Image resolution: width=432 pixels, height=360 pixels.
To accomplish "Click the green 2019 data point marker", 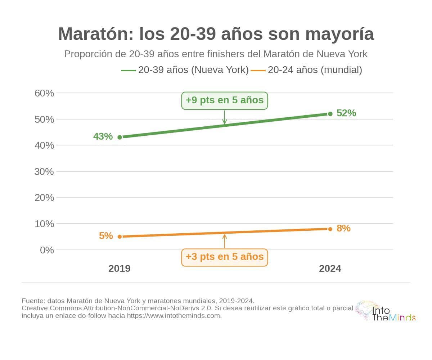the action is (120, 137).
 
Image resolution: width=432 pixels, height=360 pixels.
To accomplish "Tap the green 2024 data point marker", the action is (330, 114).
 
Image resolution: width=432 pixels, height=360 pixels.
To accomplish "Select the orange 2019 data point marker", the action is (120, 237).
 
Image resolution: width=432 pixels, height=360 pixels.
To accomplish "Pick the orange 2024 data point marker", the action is (330, 229).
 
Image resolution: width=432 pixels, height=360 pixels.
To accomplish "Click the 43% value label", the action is (103, 136).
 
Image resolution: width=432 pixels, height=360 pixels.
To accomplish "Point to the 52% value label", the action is (346, 113).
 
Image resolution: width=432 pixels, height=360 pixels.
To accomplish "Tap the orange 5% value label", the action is (106, 236).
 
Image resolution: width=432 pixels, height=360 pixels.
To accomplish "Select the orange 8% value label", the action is (343, 228).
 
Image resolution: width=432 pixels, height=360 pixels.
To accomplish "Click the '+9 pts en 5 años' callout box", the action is (225, 100).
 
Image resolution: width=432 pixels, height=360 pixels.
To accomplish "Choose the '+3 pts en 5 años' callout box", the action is (225, 257).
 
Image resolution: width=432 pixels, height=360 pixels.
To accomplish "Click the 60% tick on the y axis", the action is (44, 93).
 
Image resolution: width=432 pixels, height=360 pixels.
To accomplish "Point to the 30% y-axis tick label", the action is (44, 172).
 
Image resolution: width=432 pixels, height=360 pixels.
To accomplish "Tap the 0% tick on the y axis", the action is (47, 250).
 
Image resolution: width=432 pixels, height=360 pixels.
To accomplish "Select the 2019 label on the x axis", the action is (120, 269).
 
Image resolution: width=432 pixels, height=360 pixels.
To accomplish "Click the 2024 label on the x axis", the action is (330, 269).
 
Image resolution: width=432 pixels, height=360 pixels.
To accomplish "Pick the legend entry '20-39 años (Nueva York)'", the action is (185, 70).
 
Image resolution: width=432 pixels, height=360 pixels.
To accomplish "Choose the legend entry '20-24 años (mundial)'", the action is (306, 70).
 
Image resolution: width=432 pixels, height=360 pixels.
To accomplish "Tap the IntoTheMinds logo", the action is (385, 311).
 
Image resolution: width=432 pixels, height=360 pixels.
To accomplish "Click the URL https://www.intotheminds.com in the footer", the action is (174, 316).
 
